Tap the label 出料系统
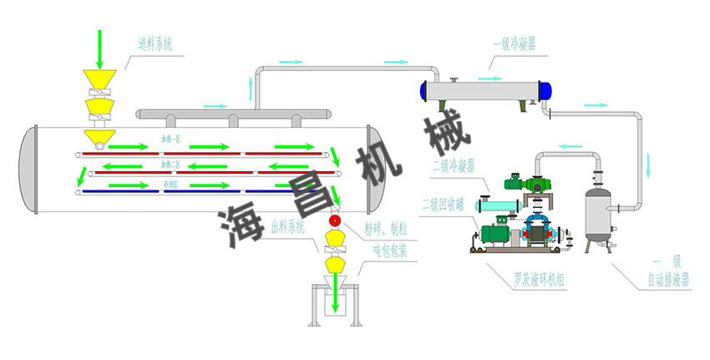[288, 226]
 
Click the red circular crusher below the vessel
[336, 221]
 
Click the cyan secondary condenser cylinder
[498, 205]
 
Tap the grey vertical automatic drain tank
[597, 212]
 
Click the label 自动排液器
[668, 281]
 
